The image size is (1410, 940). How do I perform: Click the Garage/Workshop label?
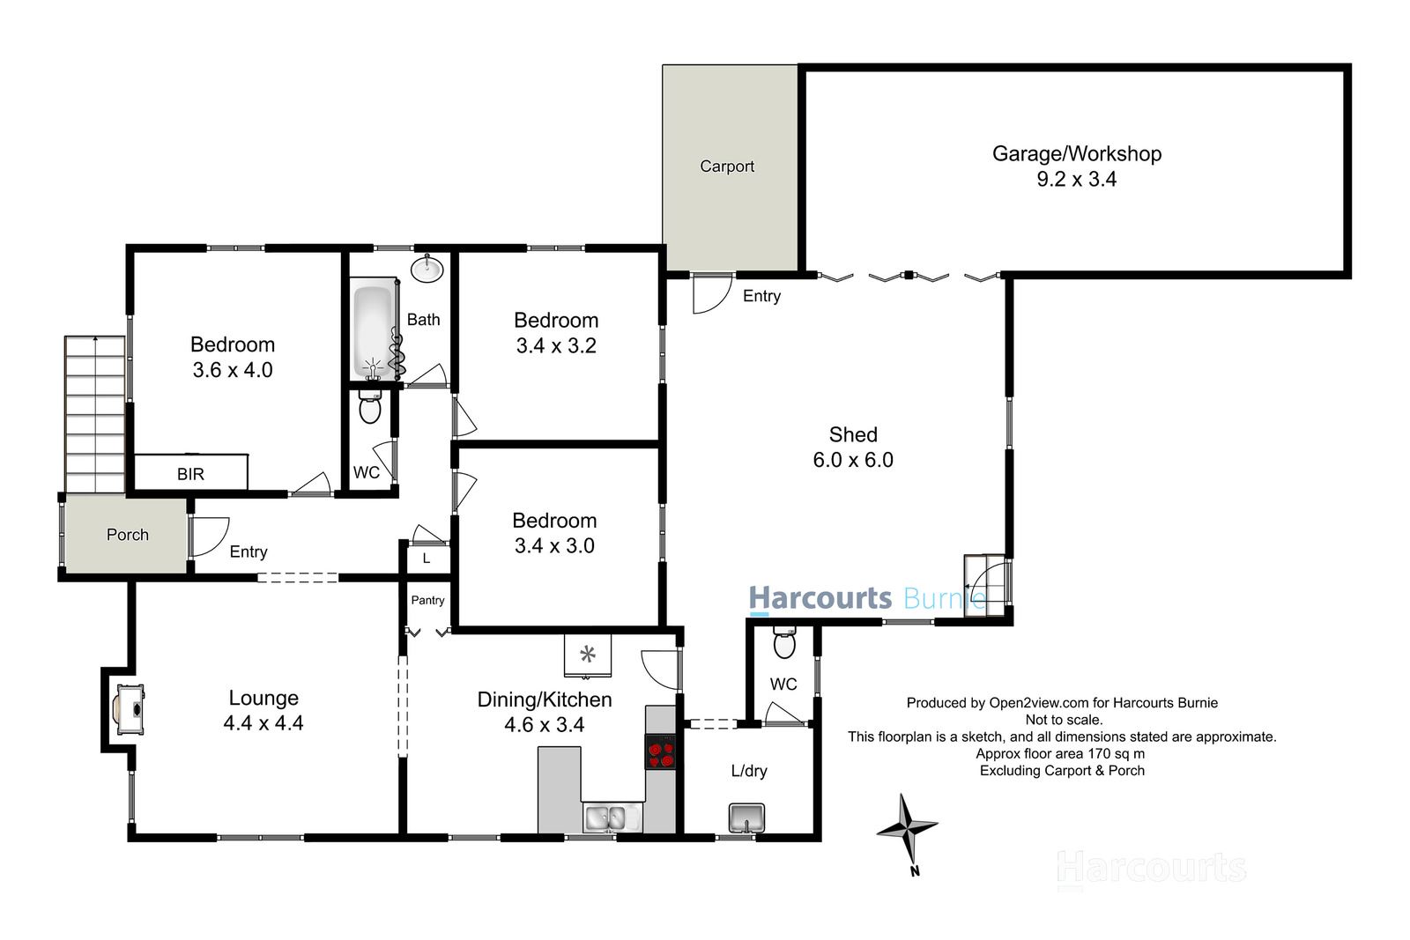[x=1076, y=154]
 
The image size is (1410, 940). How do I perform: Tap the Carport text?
[x=726, y=167]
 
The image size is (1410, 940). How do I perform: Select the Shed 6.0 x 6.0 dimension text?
[x=852, y=460]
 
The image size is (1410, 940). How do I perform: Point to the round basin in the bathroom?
[x=427, y=268]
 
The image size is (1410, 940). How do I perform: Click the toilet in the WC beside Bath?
[x=370, y=410]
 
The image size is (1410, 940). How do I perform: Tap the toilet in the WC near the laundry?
[x=783, y=644]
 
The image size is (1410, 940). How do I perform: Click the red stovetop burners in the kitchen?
[x=660, y=751]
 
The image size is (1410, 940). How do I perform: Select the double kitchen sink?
[x=605, y=818]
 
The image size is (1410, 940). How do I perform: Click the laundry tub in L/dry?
[x=746, y=818]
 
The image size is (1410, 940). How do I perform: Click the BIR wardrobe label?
[x=190, y=474]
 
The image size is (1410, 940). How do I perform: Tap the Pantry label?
[x=427, y=600]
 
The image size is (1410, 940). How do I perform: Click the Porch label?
[x=127, y=535]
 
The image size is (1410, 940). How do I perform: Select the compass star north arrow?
[x=907, y=828]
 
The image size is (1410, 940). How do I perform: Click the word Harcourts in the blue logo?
[x=820, y=598]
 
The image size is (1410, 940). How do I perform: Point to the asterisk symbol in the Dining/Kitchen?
[x=588, y=655]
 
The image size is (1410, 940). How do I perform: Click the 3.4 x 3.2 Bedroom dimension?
[x=556, y=346]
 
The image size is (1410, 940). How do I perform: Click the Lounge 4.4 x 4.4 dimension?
[x=263, y=723]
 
